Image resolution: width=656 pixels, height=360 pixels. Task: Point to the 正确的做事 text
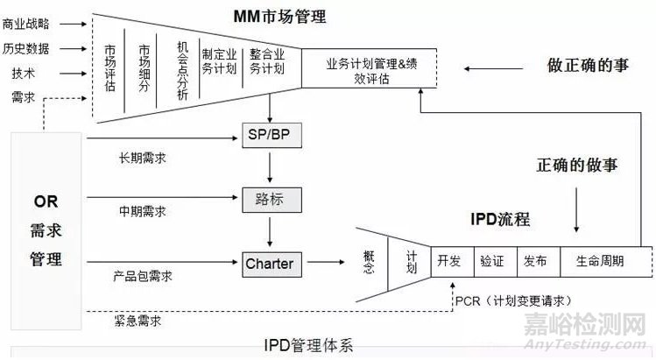(x=577, y=165)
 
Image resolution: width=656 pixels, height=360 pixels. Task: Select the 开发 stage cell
(x=449, y=261)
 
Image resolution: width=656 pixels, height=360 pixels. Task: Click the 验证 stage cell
(x=491, y=261)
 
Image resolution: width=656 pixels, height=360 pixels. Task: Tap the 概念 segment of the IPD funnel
(x=369, y=261)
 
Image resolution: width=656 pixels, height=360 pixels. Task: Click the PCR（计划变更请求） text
(x=508, y=300)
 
